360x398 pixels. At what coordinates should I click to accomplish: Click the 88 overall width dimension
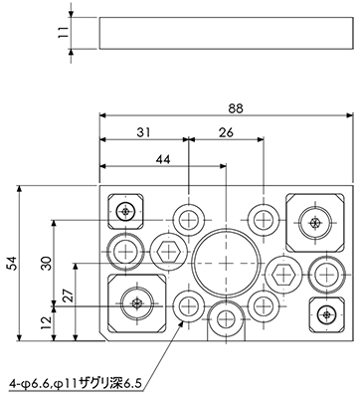click(x=236, y=108)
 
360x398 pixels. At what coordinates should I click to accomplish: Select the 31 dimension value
click(x=144, y=132)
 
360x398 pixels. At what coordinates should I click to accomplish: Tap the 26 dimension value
click(x=226, y=132)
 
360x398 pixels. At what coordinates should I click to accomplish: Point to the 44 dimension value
click(x=163, y=159)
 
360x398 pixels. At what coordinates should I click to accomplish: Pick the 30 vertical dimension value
click(x=47, y=264)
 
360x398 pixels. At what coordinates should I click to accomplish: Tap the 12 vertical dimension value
click(x=47, y=322)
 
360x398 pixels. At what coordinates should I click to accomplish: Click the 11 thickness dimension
click(x=63, y=33)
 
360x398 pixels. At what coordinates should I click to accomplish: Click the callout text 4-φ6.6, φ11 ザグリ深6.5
click(x=76, y=384)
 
